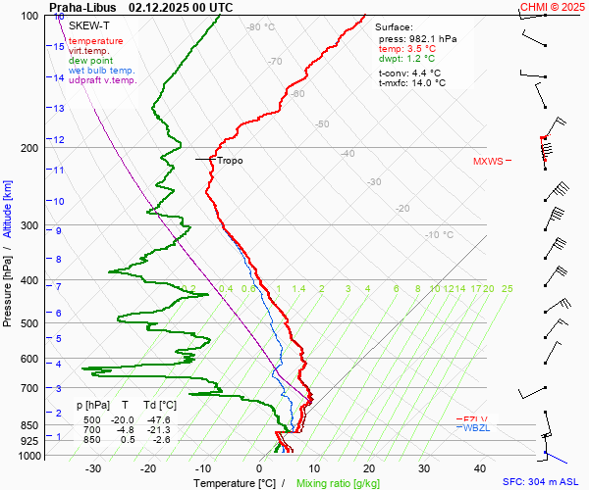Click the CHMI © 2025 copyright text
(553, 7)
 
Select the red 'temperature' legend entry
(95, 41)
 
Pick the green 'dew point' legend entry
(90, 61)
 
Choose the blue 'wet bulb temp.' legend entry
(101, 71)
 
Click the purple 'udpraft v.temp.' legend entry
(102, 80)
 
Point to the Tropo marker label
(230, 161)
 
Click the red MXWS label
(487, 162)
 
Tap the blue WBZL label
(476, 428)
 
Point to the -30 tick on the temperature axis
(93, 468)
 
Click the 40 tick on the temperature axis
(480, 468)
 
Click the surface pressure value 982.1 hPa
(431, 38)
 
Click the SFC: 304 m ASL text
(544, 483)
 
